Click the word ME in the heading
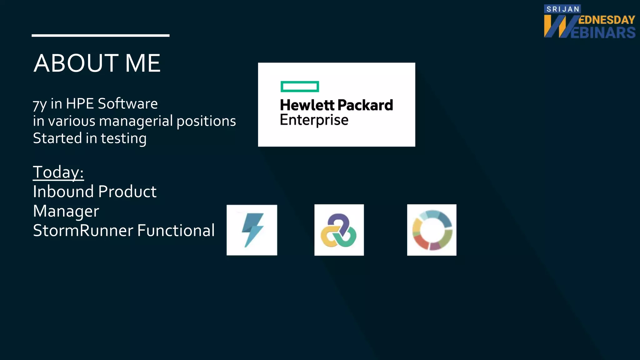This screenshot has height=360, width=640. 143,63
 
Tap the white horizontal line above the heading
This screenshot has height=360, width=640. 100,36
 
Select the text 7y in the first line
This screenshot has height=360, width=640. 40,104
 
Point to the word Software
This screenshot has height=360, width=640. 128,103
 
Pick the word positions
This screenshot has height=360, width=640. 206,121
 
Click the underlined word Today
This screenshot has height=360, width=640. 58,172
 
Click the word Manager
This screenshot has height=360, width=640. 66,211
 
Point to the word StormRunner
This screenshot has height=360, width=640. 83,231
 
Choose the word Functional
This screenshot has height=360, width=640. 176,231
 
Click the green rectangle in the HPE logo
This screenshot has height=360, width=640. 300,87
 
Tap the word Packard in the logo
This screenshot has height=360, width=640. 365,105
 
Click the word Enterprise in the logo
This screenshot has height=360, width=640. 314,120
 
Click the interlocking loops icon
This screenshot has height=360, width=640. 339,230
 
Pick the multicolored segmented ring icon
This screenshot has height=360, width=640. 432,230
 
